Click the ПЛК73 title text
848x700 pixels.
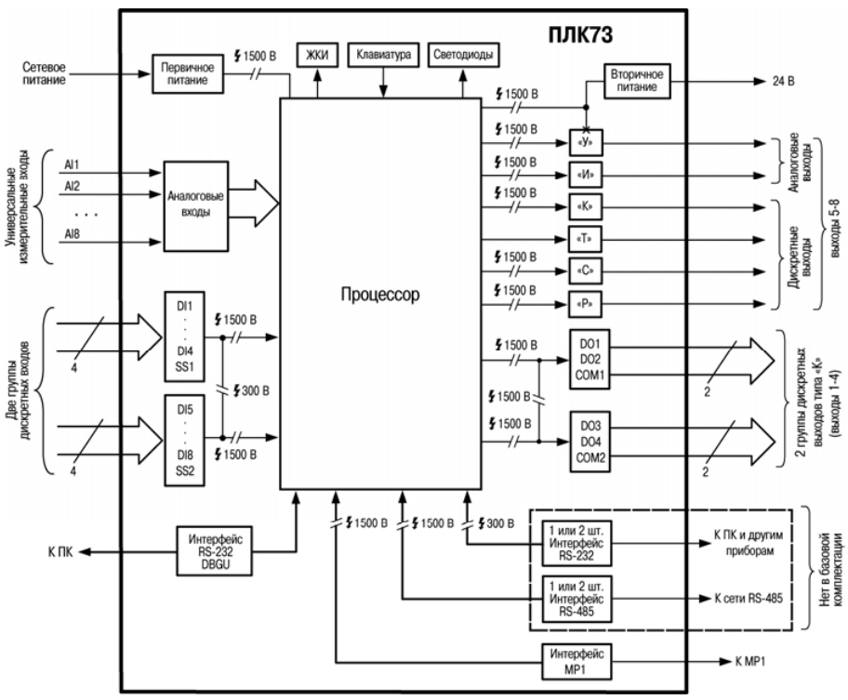(580, 34)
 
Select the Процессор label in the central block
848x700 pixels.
(379, 294)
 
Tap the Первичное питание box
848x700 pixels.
(187, 74)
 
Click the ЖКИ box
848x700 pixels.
(317, 55)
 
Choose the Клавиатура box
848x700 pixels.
(383, 55)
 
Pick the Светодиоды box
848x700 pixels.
(463, 55)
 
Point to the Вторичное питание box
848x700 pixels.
(637, 81)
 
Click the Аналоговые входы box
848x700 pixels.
(196, 206)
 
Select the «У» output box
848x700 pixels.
(585, 143)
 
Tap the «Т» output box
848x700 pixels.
(585, 239)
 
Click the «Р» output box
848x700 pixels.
(585, 304)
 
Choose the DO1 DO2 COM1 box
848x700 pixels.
(590, 360)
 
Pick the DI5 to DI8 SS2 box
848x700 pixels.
(184, 440)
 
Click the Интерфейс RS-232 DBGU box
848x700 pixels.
(215, 551)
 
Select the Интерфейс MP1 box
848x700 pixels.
(576, 662)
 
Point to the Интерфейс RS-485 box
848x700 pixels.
(576, 599)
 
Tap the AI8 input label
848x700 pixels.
(72, 234)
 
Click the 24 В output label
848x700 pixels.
(783, 82)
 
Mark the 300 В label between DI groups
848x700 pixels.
(251, 390)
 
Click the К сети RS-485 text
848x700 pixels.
(749, 599)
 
